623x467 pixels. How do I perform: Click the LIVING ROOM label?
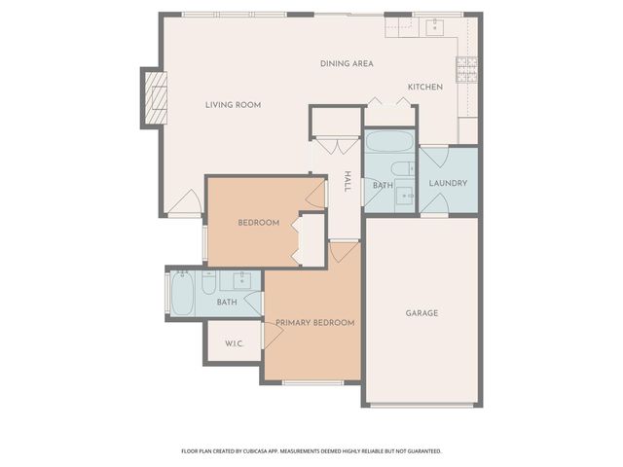(x=233, y=105)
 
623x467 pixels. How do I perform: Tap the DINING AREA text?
(x=347, y=64)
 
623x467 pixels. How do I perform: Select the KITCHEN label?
(x=425, y=88)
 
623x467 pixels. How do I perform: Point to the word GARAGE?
(x=421, y=313)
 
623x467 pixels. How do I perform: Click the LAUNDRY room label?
(x=448, y=183)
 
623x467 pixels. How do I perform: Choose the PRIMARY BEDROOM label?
(x=313, y=322)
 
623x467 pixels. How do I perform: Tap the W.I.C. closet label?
(x=234, y=343)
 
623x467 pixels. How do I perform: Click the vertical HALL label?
(x=348, y=182)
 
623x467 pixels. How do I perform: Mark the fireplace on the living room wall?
(x=154, y=97)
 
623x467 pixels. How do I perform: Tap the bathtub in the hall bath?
(x=389, y=147)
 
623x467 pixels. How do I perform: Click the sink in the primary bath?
(x=243, y=281)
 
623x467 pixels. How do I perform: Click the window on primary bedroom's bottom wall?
(x=312, y=382)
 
